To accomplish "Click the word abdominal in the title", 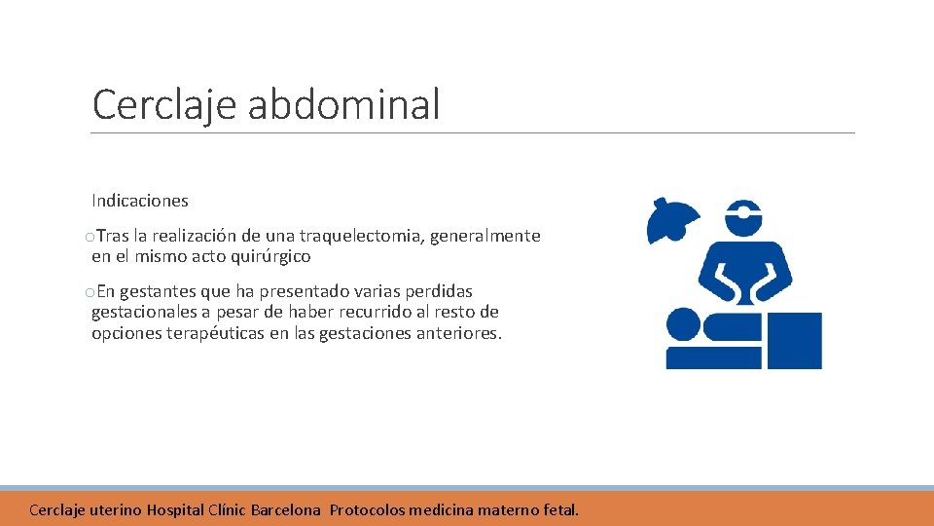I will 343,104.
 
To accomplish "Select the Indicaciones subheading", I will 140,201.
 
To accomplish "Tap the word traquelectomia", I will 360,236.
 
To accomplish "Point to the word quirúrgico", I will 268,257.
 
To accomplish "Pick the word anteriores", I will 459,333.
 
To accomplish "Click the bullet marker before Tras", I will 90,237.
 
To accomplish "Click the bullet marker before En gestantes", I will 90,292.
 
